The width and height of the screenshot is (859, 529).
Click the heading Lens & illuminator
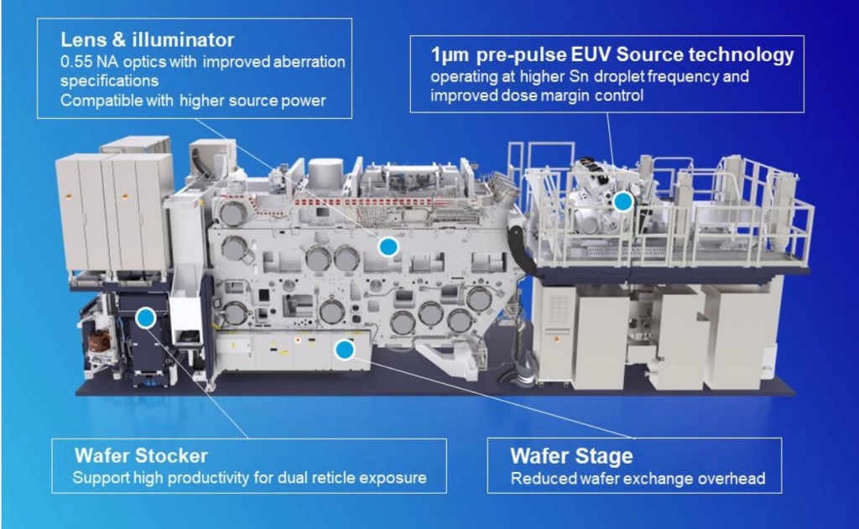click(147, 39)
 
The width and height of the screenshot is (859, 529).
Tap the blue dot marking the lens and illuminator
click(388, 246)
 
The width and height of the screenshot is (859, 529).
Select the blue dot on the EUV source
click(622, 201)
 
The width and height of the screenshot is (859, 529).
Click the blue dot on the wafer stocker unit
click(145, 317)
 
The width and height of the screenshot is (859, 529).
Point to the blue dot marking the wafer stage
click(343, 350)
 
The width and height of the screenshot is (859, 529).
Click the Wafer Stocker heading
click(141, 456)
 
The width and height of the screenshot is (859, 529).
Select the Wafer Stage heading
click(571, 456)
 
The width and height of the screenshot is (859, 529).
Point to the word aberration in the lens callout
click(304, 63)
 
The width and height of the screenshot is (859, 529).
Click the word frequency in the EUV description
click(659, 77)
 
